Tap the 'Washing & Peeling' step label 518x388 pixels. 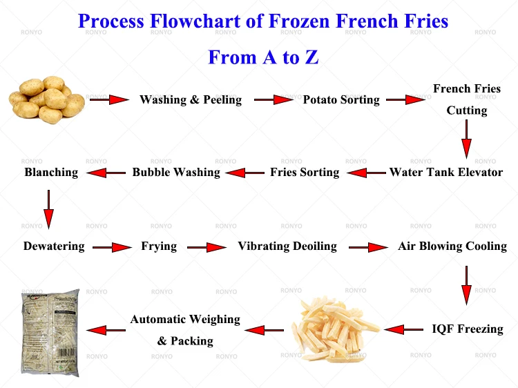(x=191, y=100)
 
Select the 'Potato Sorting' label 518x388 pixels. (x=341, y=100)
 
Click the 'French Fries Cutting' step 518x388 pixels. (x=467, y=99)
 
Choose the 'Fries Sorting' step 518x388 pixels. (x=305, y=172)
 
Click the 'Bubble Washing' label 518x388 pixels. (x=176, y=172)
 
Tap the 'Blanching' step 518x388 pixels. (x=51, y=172)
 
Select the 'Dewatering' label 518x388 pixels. (x=54, y=246)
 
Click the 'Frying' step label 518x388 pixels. (x=159, y=246)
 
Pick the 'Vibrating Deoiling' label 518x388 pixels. (x=287, y=246)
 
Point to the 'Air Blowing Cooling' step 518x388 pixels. (x=452, y=246)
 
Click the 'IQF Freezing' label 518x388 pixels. (x=468, y=329)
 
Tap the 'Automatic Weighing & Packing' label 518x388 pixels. (x=185, y=330)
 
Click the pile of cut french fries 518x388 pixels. (x=334, y=329)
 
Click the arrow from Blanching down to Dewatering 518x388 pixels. (x=48, y=208)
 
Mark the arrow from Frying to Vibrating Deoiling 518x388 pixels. (x=207, y=247)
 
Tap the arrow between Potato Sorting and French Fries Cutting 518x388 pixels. (x=405, y=100)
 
